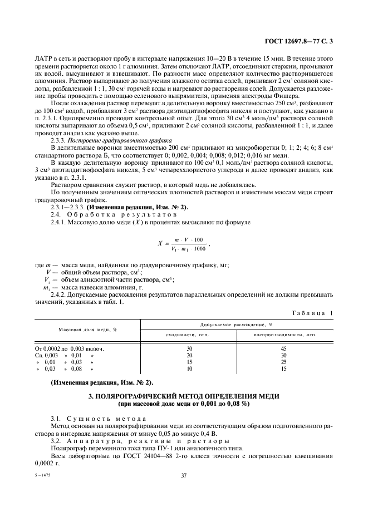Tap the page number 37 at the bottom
coord(184,475)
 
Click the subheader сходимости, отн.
coord(188,335)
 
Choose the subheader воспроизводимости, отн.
coord(285,335)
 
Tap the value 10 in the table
coord(189,368)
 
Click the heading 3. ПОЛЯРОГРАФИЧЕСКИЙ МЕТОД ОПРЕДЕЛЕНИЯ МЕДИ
coord(184,396)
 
